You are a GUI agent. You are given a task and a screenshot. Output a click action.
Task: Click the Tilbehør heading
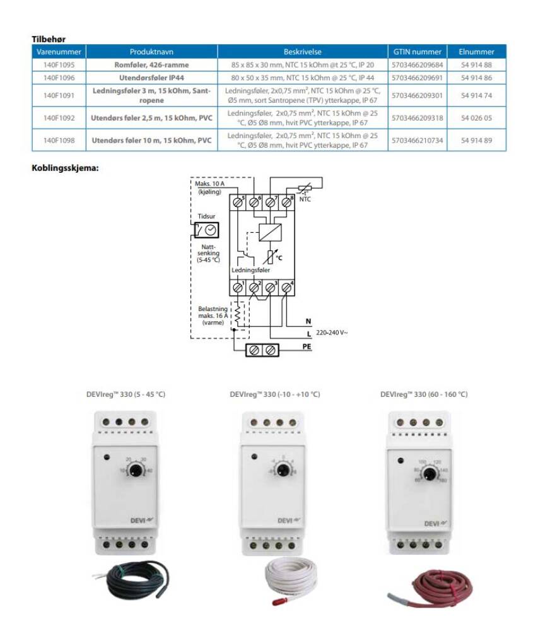[x=49, y=39]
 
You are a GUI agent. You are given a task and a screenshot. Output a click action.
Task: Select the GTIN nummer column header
[x=418, y=52]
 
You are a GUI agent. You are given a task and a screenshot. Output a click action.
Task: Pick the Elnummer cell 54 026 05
[x=476, y=117]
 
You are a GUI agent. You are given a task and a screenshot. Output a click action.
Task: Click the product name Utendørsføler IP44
[x=151, y=78]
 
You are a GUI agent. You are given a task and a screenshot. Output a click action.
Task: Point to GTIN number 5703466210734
[x=418, y=140]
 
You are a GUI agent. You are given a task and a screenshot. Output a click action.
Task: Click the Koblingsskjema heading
[x=66, y=168]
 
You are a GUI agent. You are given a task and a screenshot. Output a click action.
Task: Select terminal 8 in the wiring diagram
[x=287, y=203]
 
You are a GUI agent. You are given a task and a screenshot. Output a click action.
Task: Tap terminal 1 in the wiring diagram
[x=238, y=288]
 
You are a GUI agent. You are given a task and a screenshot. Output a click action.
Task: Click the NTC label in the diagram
[x=305, y=199]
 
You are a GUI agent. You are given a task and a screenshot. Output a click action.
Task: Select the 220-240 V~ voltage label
[x=331, y=332]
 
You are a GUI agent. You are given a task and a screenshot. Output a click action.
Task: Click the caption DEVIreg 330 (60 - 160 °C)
[x=424, y=394]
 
